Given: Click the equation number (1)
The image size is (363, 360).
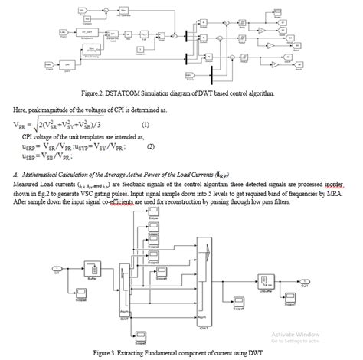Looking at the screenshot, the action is [x=146, y=124].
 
